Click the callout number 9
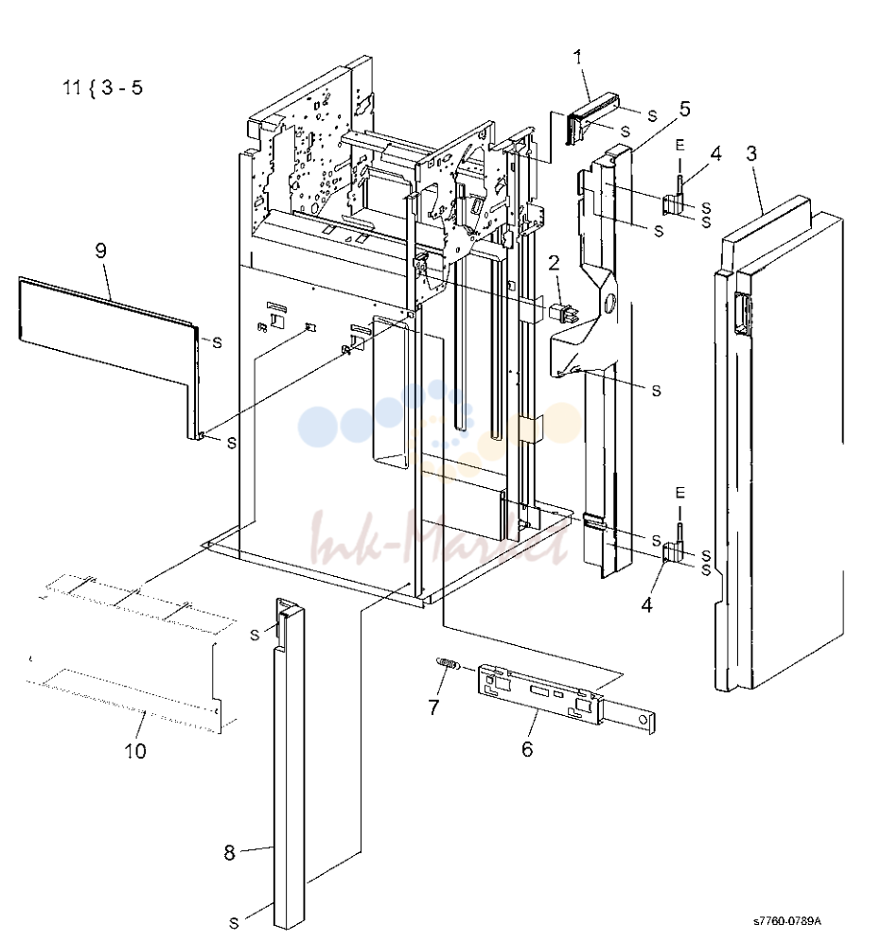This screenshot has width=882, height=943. [x=101, y=251]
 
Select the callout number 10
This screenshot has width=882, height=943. [x=135, y=751]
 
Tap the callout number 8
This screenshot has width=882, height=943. [x=229, y=852]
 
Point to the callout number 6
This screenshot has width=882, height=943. [x=527, y=749]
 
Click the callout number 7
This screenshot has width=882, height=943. [x=433, y=707]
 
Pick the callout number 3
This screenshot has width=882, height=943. [x=751, y=153]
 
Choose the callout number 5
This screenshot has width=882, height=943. [x=684, y=109]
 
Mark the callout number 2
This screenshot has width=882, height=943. [x=554, y=262]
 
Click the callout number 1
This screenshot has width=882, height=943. [x=578, y=58]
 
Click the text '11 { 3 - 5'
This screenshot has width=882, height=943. [x=103, y=87]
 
